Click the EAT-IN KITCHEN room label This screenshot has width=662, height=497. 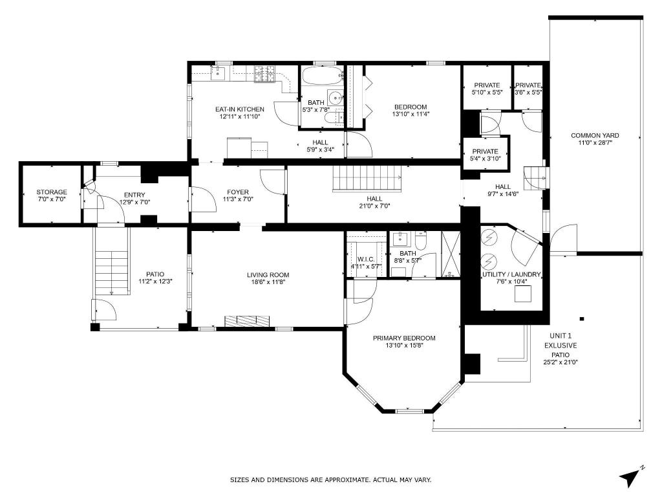(x=240, y=109)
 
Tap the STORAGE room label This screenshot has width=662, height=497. (x=52, y=192)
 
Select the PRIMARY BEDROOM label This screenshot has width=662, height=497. (x=404, y=338)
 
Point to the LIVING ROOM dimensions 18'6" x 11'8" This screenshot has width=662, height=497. (x=268, y=282)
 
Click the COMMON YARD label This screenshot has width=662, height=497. (x=595, y=136)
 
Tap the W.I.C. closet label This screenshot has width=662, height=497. (x=366, y=259)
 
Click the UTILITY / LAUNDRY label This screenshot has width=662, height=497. (x=511, y=274)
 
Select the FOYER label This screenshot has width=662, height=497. (x=238, y=192)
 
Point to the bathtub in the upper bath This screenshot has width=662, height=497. (x=322, y=76)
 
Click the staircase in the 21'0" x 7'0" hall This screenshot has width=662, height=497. (x=367, y=179)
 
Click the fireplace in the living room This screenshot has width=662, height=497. (x=247, y=321)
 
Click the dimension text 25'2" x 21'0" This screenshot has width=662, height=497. (x=561, y=362)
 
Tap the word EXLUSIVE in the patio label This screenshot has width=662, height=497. (x=561, y=346)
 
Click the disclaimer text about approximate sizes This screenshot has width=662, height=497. (x=330, y=480)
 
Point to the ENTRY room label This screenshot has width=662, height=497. (x=134, y=195)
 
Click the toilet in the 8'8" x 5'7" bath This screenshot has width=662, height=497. (x=421, y=241)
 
